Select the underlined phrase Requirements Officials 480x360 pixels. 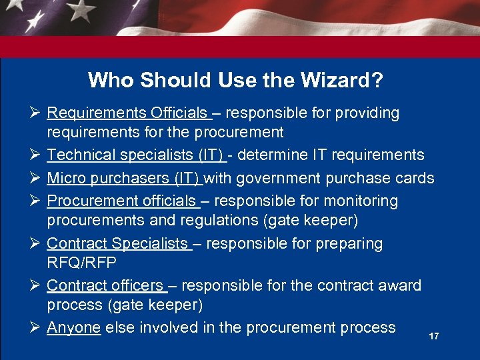pos(127,113)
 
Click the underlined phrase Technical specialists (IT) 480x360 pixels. pos(135,155)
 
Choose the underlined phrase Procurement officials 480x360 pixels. pos(121,201)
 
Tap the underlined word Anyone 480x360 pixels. pos(73,327)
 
